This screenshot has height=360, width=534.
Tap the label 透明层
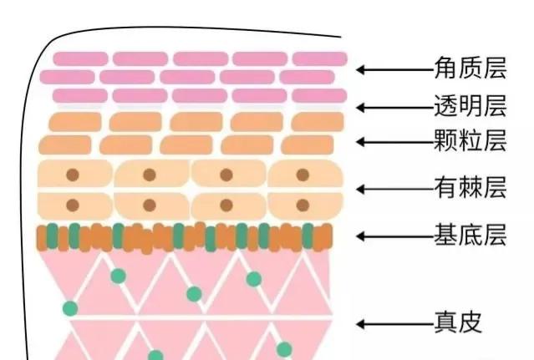[470, 106]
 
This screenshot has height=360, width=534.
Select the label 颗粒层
[470, 141]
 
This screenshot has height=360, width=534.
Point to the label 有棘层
[470, 189]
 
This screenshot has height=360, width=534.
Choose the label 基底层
[470, 236]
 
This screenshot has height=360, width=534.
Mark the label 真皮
[458, 322]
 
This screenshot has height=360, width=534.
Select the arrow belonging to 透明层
[394, 107]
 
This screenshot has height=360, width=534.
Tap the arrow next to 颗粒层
[394, 142]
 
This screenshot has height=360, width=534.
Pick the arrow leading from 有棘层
[394, 190]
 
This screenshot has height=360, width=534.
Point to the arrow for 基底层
[394, 236]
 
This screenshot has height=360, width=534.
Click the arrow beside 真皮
[394, 323]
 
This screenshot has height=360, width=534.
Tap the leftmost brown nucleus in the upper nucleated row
[73, 175]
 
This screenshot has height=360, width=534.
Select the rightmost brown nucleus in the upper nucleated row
[303, 175]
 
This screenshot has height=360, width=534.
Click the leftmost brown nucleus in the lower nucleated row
[73, 205]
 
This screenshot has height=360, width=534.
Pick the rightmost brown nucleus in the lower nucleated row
[303, 205]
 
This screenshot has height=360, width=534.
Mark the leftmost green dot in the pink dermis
[70, 308]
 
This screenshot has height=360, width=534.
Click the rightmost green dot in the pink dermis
[284, 348]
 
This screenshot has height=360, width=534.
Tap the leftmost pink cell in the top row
[80, 58]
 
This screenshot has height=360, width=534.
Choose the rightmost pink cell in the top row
[319, 58]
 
